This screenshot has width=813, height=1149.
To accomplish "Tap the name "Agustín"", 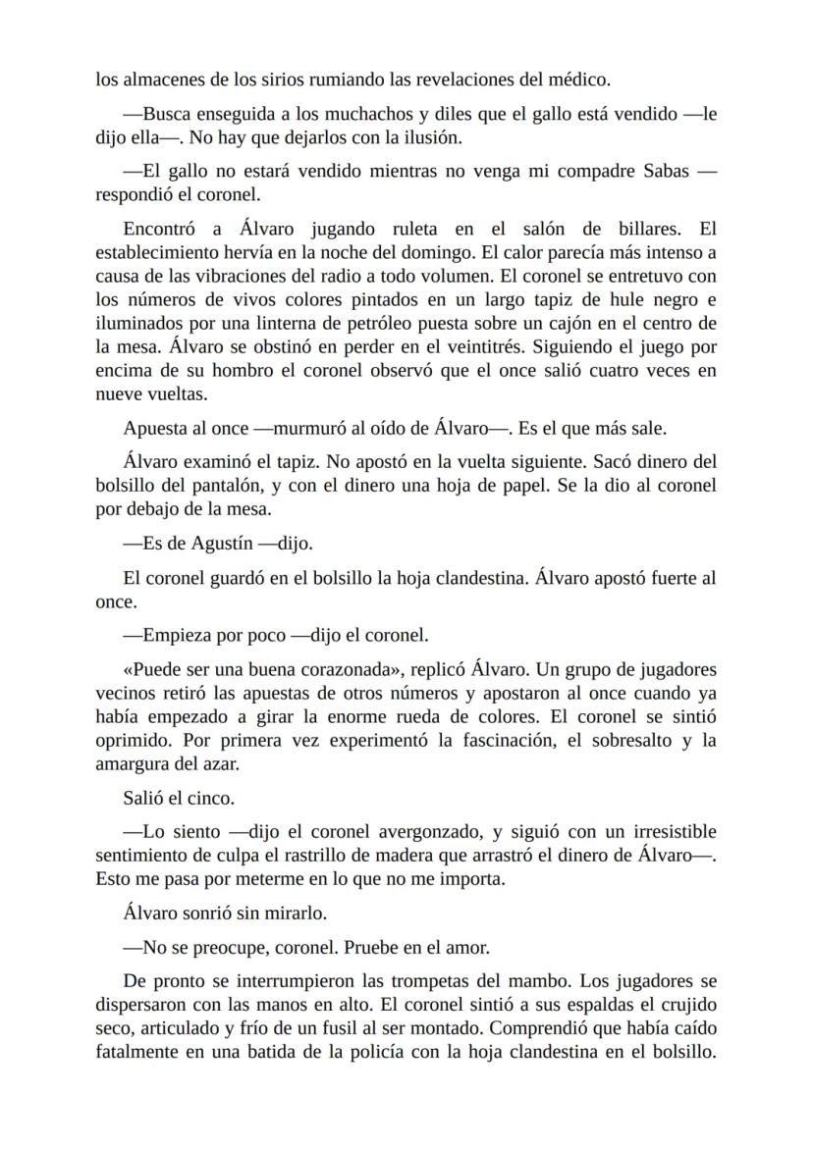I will (217, 542).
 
